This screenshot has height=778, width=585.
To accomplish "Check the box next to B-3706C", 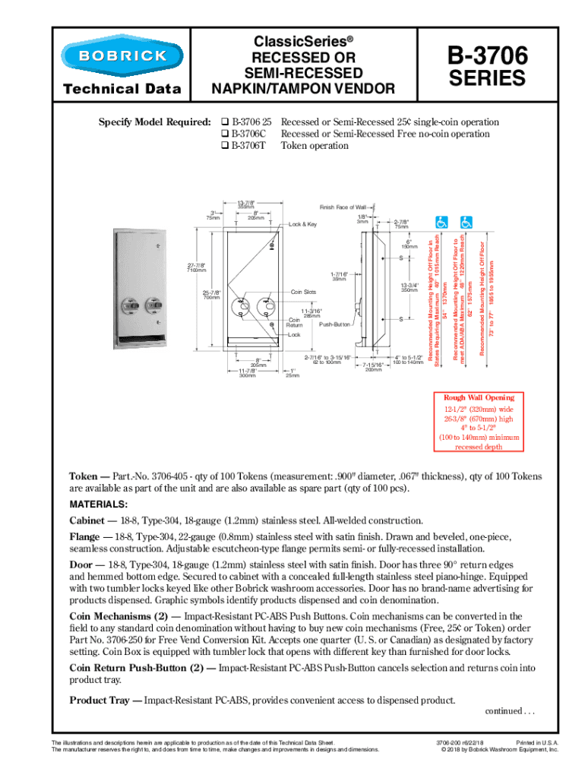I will point(225,134).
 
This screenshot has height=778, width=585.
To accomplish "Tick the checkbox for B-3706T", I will point(225,146).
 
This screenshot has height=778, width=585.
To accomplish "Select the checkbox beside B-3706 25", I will point(225,122).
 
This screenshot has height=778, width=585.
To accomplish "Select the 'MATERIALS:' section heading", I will point(99,505).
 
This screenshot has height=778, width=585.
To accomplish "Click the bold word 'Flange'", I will point(86,536).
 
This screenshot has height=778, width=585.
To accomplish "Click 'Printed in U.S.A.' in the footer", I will point(536,742).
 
